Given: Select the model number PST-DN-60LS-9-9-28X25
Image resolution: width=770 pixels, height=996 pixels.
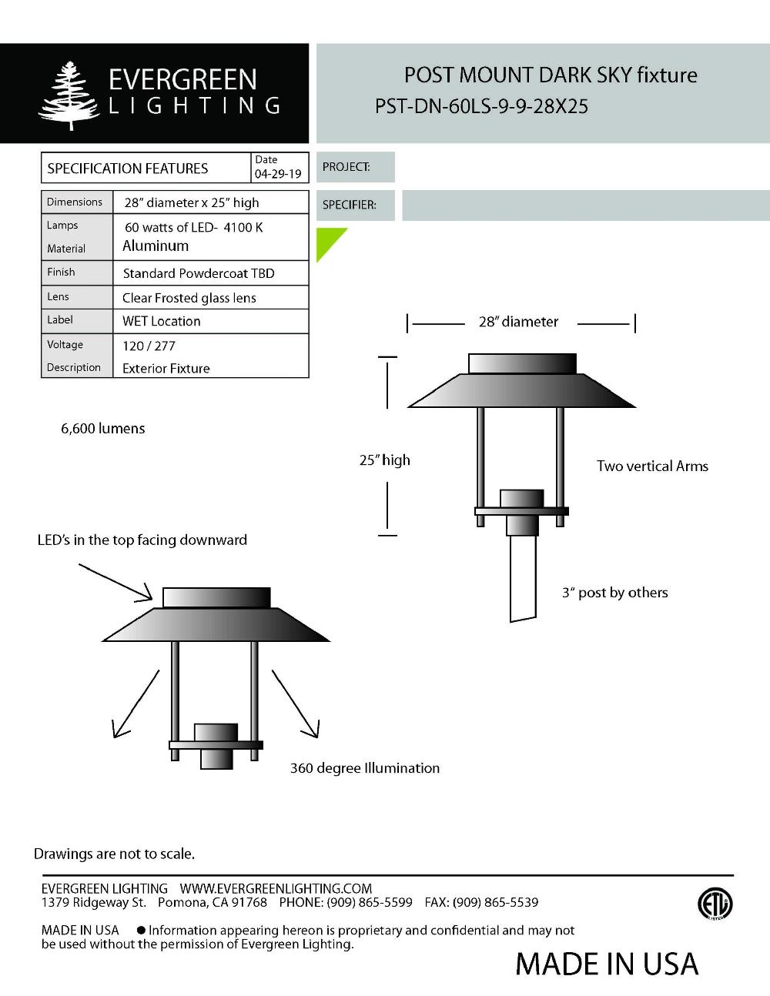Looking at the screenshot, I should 481,106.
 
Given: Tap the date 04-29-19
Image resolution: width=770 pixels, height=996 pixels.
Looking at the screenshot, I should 278,174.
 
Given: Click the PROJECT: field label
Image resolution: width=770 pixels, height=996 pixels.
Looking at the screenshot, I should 346,167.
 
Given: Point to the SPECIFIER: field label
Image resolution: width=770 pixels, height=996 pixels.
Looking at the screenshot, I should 349,205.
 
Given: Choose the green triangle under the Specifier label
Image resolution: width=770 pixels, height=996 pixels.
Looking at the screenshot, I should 328,241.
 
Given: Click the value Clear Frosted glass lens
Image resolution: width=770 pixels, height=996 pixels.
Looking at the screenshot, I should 189,298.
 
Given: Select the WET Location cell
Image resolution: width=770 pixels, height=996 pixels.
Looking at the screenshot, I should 161,321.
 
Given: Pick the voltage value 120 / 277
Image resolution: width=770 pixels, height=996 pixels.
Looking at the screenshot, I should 149,346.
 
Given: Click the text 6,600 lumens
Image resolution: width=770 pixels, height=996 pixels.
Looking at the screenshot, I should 102,429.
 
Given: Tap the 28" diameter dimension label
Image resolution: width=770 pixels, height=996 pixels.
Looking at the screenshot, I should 518,322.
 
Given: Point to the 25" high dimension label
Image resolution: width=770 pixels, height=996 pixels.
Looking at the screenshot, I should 384,460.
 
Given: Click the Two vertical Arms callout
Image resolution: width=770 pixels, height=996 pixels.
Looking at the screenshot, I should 652,466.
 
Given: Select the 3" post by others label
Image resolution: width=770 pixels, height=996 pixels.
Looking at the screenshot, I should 614,593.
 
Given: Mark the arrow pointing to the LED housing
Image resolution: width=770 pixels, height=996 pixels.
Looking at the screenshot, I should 115,582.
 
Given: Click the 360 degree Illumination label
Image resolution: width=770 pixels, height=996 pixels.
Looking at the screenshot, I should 364,768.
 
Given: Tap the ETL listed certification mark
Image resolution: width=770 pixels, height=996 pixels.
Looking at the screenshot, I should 715,904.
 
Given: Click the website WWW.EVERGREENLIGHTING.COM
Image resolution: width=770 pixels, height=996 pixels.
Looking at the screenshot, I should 276,888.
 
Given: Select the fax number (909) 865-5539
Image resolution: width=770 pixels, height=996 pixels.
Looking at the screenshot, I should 495,902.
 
